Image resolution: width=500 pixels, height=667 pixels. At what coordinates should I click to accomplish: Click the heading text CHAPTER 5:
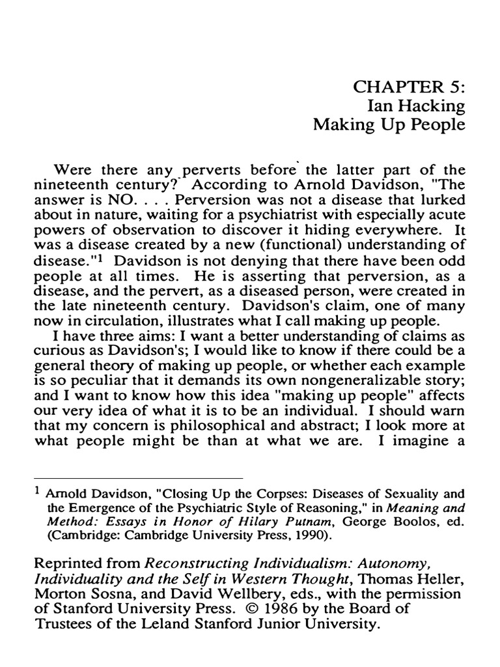410,87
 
